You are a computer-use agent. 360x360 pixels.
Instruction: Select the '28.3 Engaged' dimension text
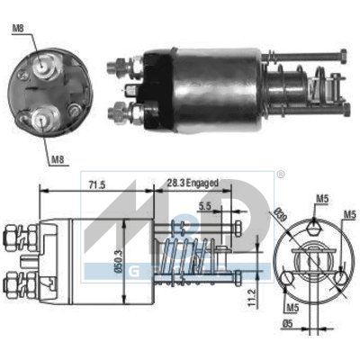[x=191, y=184]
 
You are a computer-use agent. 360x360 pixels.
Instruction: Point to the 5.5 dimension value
[x=207, y=206]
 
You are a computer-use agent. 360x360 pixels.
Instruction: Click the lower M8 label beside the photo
[x=57, y=159]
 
